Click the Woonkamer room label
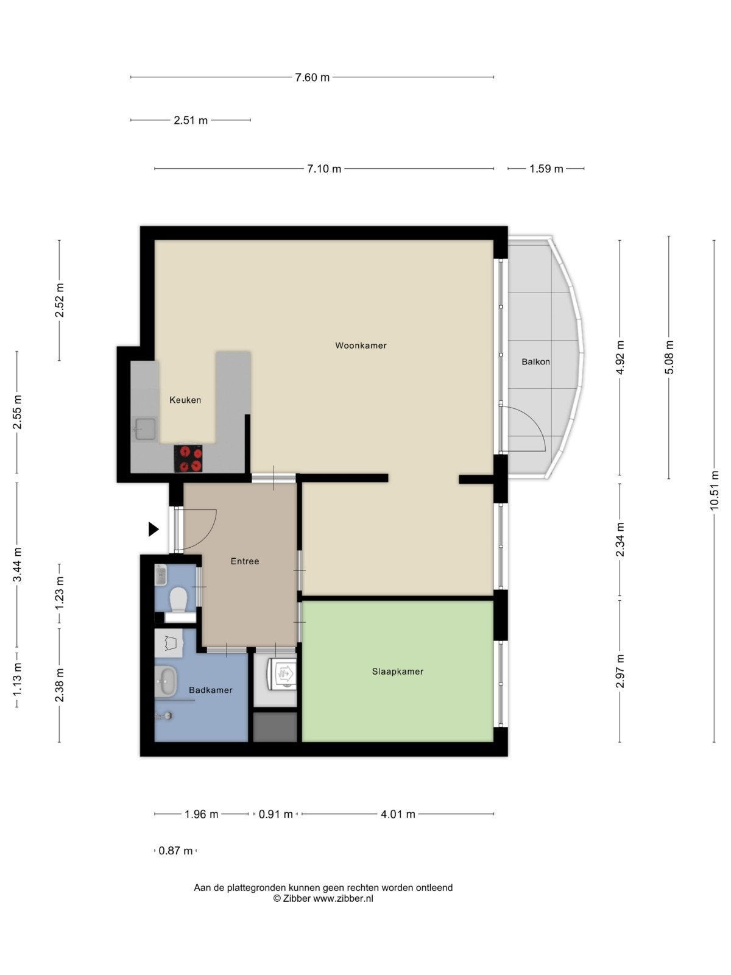pyautogui.click(x=361, y=345)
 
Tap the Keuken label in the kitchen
pyautogui.click(x=185, y=400)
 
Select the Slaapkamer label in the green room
pyautogui.click(x=397, y=671)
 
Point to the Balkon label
pyautogui.click(x=535, y=361)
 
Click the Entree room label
pyautogui.click(x=244, y=561)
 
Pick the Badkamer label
pyautogui.click(x=210, y=690)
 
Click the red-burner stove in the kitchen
pyautogui.click(x=188, y=458)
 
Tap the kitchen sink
pyautogui.click(x=145, y=429)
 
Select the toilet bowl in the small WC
pyautogui.click(x=178, y=599)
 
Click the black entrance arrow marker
pyautogui.click(x=153, y=529)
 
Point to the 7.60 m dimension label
pyautogui.click(x=313, y=77)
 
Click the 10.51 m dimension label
pyautogui.click(x=714, y=490)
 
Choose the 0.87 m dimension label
pyautogui.click(x=175, y=850)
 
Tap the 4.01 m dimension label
pyautogui.click(x=398, y=814)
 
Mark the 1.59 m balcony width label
pyautogui.click(x=546, y=169)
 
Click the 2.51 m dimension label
pyautogui.click(x=191, y=121)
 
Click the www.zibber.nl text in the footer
pyautogui.click(x=343, y=898)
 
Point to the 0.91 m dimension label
pyautogui.click(x=275, y=814)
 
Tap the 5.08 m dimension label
pyautogui.click(x=669, y=357)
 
